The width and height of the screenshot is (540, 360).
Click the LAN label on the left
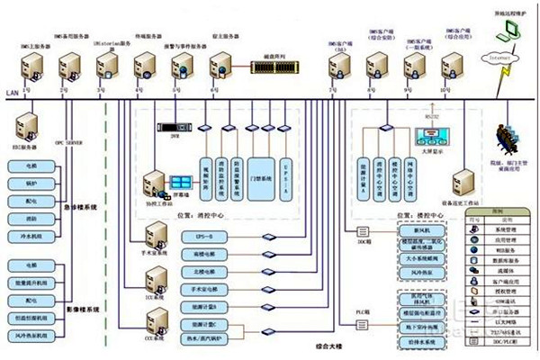11,92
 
